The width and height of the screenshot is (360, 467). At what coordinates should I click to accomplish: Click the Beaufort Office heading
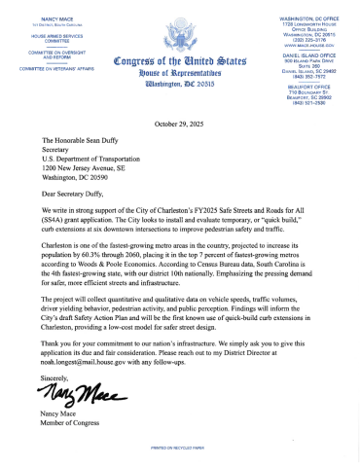(312, 82)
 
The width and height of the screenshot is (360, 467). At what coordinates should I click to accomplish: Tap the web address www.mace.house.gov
(312, 43)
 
